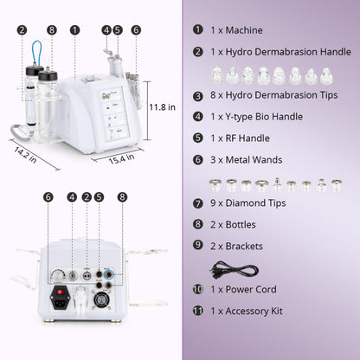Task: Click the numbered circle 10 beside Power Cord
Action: [x=198, y=289]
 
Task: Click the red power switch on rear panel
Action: [x=61, y=302]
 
